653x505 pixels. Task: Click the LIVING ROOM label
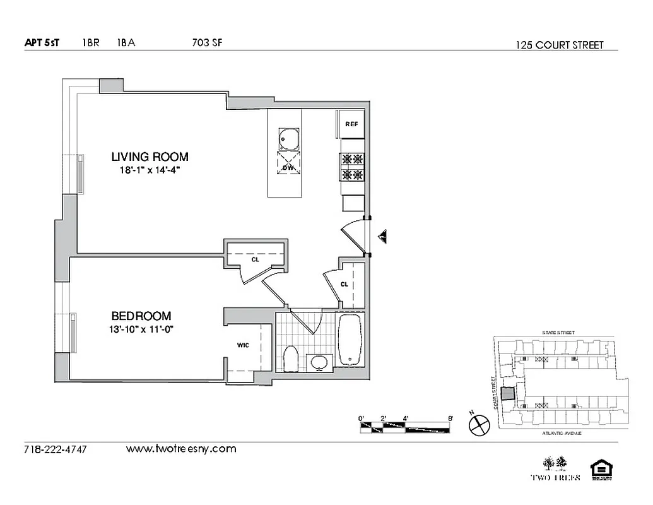(x=150, y=157)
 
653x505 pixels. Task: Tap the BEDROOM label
(x=141, y=316)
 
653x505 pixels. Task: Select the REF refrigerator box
(x=351, y=124)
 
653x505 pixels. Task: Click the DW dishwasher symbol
(x=288, y=167)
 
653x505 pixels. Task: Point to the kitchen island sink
(x=288, y=138)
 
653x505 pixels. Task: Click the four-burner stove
(x=352, y=167)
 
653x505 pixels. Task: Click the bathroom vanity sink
(x=320, y=362)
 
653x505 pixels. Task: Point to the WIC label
(x=243, y=345)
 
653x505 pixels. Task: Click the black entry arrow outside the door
(x=382, y=237)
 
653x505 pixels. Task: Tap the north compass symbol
(x=479, y=425)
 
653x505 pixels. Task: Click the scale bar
(x=405, y=427)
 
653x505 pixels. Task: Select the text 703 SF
(x=207, y=43)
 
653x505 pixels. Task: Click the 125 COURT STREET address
(x=559, y=45)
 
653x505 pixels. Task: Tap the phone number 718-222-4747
(x=55, y=449)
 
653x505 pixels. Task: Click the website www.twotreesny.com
(x=181, y=449)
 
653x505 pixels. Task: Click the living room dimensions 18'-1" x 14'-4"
(x=150, y=170)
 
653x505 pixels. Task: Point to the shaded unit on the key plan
(x=507, y=393)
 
